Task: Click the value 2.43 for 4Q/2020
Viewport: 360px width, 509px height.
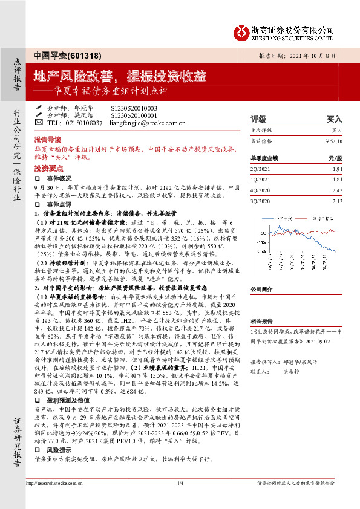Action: [336, 190]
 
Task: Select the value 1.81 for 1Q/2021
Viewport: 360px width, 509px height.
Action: [336, 180]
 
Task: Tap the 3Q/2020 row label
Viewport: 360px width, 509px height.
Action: [260, 201]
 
